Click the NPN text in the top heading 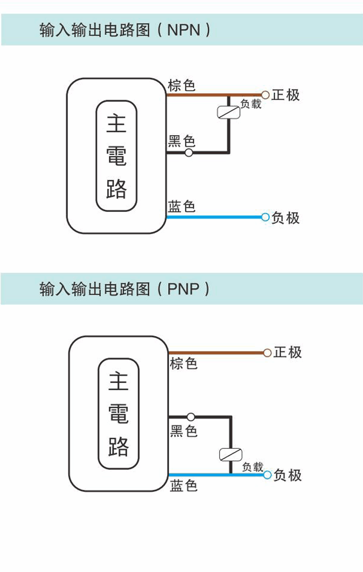point(184,30)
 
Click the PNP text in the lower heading point(183,289)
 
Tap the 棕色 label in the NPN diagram point(181,85)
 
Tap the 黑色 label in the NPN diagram point(181,142)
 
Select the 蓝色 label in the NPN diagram point(181,206)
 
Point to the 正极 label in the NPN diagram point(286,95)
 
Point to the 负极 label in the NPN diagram point(286,218)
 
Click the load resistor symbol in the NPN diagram point(229,112)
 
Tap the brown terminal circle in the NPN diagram point(265,95)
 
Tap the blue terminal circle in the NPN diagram point(265,217)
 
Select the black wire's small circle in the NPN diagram point(188,153)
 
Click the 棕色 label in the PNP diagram point(183,364)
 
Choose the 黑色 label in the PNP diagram point(183,431)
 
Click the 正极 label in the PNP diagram point(288,353)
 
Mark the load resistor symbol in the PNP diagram point(231,454)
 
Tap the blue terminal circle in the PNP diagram point(267,475)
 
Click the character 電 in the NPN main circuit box point(117,156)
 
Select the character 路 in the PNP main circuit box point(119,447)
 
